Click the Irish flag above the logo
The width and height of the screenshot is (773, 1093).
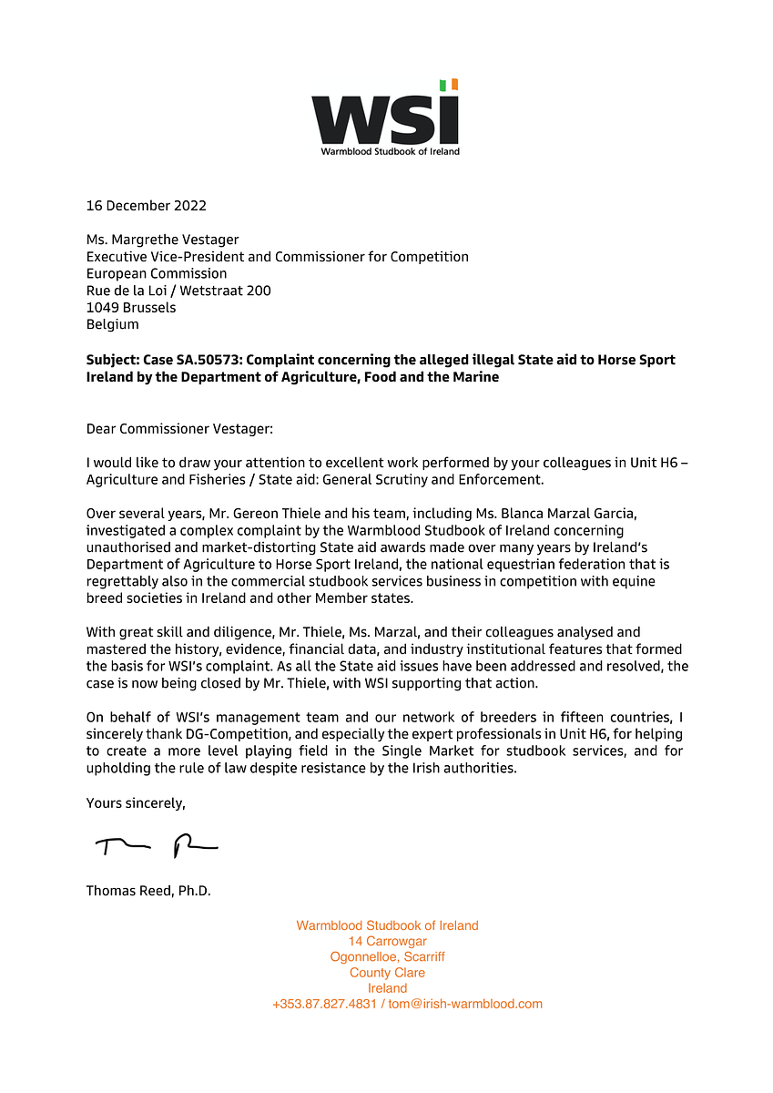pyautogui.click(x=449, y=85)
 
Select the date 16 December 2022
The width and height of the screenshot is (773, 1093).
pyautogui.click(x=146, y=206)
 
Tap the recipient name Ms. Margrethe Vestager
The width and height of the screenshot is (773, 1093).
pyautogui.click(x=162, y=240)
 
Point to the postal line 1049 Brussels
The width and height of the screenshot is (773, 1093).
pyautogui.click(x=131, y=308)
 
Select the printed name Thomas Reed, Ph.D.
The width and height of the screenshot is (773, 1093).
pyautogui.click(x=148, y=890)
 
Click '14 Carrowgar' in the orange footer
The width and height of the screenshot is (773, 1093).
pyautogui.click(x=387, y=941)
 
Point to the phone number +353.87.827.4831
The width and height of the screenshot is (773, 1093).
pyautogui.click(x=324, y=1004)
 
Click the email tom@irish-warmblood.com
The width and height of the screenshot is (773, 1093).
pyautogui.click(x=465, y=1004)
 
